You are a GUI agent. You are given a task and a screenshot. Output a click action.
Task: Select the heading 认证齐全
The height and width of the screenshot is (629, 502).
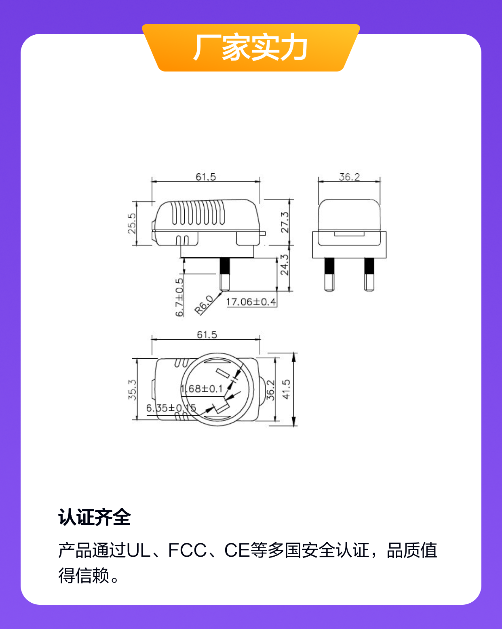tap(94, 518)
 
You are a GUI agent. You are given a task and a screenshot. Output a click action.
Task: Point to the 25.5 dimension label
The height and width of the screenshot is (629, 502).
tap(132, 223)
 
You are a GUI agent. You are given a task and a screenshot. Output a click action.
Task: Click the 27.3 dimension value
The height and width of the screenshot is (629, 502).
tap(285, 223)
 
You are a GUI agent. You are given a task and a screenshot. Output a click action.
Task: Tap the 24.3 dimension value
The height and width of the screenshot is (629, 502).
tap(285, 265)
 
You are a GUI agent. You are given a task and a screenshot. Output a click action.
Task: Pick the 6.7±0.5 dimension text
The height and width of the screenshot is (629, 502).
tap(179, 297)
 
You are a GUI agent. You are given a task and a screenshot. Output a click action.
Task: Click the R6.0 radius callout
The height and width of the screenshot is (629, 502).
tap(204, 305)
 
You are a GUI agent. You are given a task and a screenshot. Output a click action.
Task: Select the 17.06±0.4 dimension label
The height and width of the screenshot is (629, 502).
tap(251, 302)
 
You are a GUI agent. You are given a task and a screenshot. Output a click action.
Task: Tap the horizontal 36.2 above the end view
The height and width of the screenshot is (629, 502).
tap(349, 177)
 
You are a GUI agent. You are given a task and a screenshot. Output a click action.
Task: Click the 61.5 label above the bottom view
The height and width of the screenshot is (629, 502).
tap(207, 334)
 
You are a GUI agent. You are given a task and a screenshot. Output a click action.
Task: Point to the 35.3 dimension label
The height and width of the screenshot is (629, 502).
tap(132, 390)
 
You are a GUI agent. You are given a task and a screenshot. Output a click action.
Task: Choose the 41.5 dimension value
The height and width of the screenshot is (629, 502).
tap(286, 389)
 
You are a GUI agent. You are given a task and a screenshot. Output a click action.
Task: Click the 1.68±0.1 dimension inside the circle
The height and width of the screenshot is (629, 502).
tap(202, 389)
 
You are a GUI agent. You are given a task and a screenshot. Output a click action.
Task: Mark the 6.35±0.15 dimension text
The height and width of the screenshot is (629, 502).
tap(171, 408)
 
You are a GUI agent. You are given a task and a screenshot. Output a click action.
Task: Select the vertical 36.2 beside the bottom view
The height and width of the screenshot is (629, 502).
tap(270, 390)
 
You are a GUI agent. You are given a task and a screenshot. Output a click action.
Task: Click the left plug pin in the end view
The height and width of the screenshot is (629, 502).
tap(329, 274)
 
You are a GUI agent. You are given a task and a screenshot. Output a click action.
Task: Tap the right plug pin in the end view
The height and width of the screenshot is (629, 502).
tap(369, 274)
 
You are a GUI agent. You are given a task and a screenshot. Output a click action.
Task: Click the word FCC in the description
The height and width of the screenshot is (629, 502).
tap(187, 550)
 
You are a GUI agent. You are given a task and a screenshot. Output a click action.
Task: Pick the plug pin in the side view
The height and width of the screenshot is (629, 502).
tap(225, 274)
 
